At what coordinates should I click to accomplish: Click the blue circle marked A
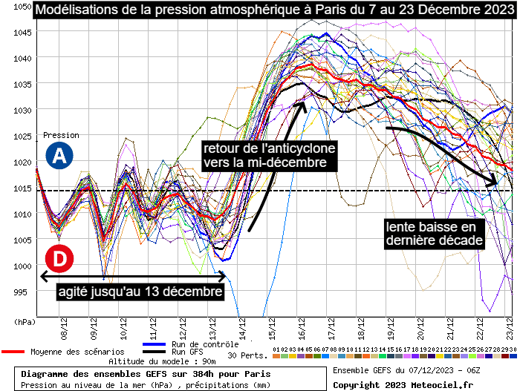tap(59, 156)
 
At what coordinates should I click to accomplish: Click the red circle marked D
tap(59, 259)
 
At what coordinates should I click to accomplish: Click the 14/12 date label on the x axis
tap(241, 324)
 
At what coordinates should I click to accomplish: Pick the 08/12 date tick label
tap(65, 324)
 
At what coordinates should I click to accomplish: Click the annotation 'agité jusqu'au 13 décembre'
tap(140, 292)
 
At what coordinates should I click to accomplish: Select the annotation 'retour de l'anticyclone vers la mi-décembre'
tap(269, 154)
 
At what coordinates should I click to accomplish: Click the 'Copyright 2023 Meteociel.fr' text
tap(403, 384)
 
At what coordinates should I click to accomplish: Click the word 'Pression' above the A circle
tap(61, 135)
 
